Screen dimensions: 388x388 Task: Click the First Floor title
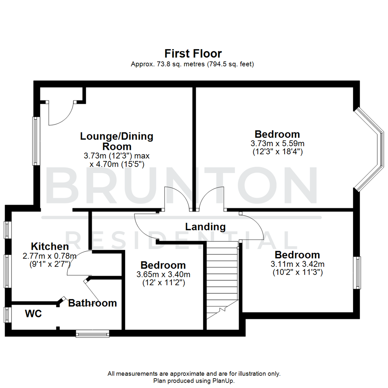tap(193, 54)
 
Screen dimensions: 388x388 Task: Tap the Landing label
tap(205, 227)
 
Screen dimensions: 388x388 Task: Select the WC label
tap(33, 314)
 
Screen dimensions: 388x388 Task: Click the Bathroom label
tap(92, 303)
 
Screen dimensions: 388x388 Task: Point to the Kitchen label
tap(50, 246)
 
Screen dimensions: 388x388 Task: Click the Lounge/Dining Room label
tap(116, 141)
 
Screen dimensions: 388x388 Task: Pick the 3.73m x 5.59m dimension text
tap(277, 143)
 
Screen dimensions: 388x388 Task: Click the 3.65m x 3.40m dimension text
tap(163, 274)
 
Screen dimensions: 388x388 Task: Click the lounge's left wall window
tap(36, 141)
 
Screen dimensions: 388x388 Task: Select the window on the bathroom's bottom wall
tap(92, 334)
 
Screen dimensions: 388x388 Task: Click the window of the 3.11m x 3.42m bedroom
tap(357, 272)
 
